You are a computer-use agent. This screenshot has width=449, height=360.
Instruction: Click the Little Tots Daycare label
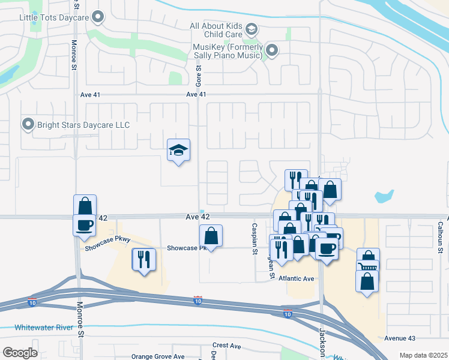pyautogui.click(x=54, y=17)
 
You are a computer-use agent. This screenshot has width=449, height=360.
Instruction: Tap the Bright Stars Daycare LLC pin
pyautogui.click(x=28, y=125)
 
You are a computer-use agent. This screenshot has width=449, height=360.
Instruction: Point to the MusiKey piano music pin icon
pyautogui.click(x=272, y=51)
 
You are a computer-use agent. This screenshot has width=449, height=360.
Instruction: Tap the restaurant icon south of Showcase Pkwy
pyautogui.click(x=143, y=259)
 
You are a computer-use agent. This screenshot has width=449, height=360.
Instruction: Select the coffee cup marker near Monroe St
pyautogui.click(x=85, y=225)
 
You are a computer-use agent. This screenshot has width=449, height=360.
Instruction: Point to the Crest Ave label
pyautogui.click(x=227, y=346)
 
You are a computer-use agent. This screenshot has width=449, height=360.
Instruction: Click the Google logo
pyautogui.click(x=20, y=353)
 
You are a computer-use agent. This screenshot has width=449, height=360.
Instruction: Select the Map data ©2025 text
pyautogui.click(x=423, y=355)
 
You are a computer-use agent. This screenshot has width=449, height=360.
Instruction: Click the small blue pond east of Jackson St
pyautogui.click(x=384, y=196)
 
